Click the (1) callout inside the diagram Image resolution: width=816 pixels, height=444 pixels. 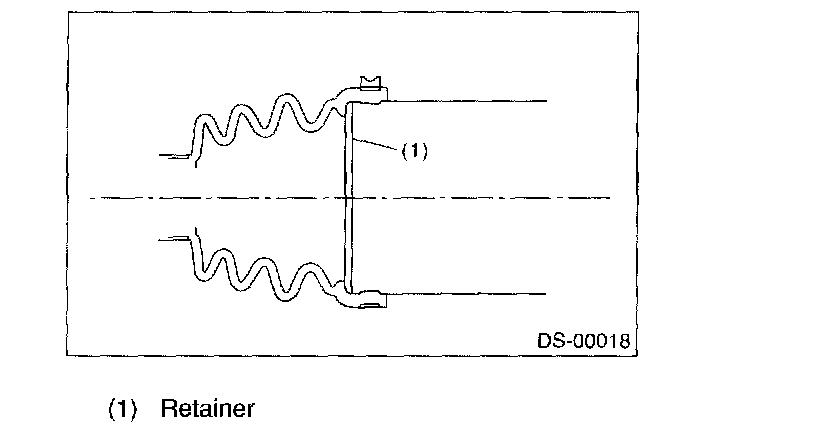[x=415, y=151]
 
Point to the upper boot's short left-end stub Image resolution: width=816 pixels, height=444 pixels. [x=175, y=155]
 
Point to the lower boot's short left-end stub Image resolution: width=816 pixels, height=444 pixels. [x=175, y=238]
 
